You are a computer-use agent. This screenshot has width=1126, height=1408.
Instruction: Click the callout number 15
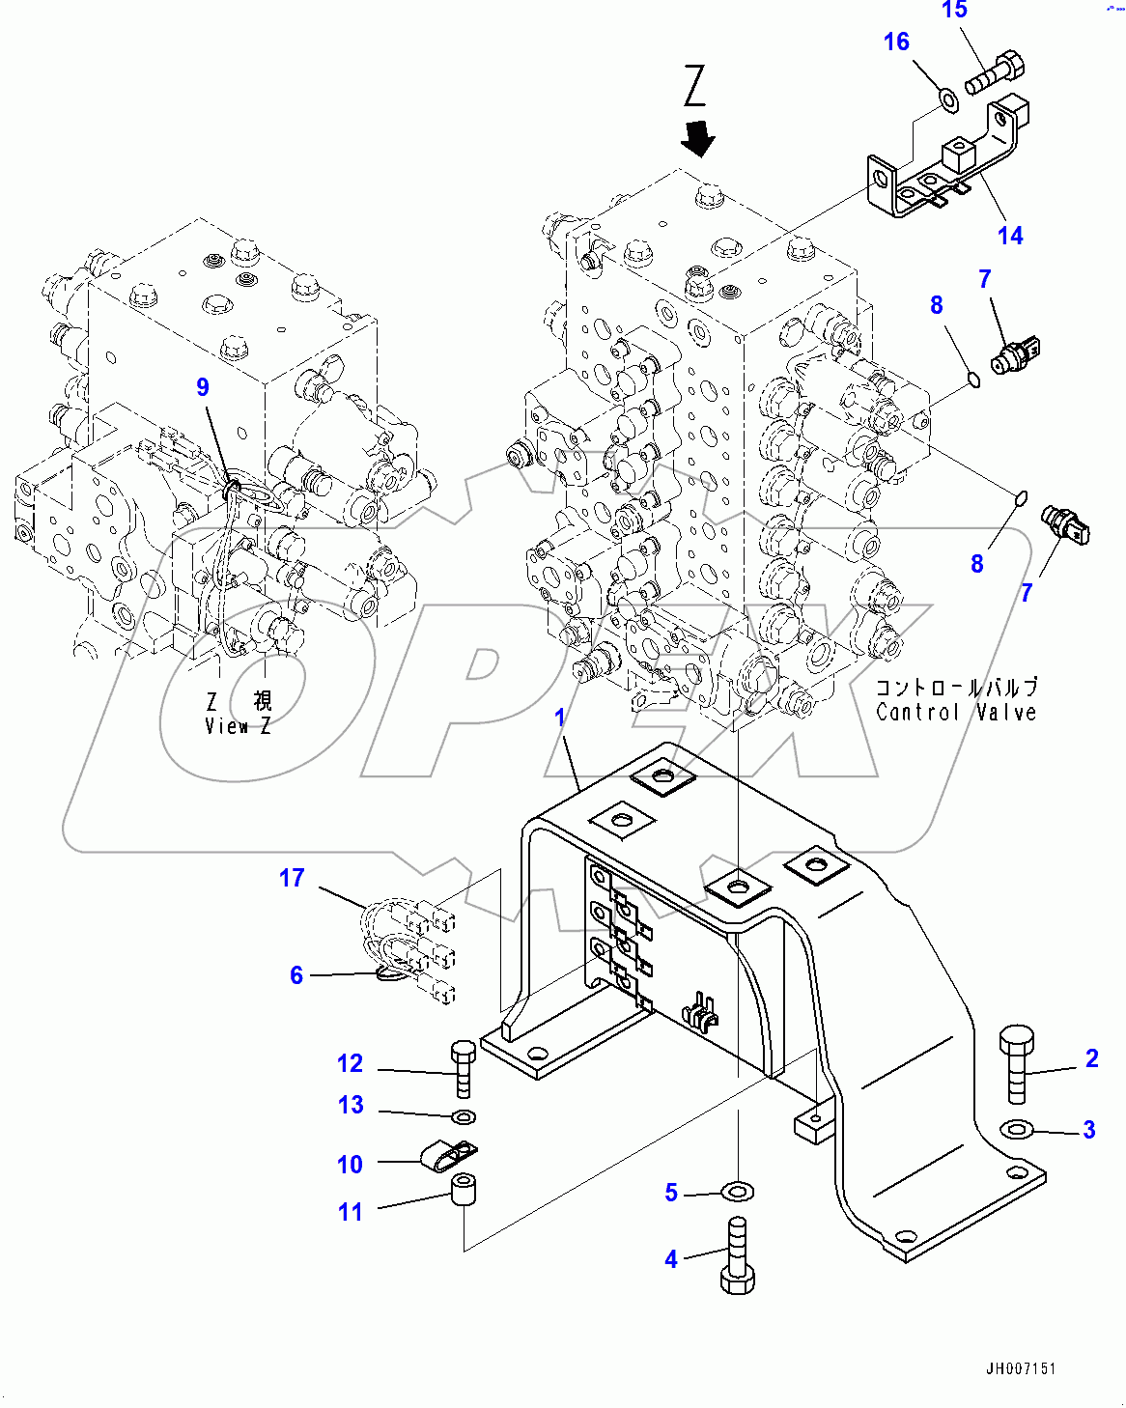(954, 11)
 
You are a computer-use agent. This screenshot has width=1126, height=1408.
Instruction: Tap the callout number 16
(896, 42)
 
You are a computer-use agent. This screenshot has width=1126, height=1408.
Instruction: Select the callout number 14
(1010, 236)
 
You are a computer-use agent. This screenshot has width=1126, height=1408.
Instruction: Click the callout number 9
(203, 387)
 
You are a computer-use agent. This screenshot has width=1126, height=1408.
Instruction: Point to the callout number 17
(292, 878)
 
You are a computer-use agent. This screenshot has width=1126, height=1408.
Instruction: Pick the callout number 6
(296, 975)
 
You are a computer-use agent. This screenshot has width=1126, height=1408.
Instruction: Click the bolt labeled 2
(1017, 1062)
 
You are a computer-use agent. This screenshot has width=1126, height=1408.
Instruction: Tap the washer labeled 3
(1017, 1128)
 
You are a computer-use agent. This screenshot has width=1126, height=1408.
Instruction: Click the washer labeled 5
(737, 1193)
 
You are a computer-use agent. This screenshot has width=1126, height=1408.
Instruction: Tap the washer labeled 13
(464, 1118)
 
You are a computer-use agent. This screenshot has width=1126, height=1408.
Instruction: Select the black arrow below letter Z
(697, 139)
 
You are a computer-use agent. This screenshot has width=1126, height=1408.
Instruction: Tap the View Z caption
(238, 714)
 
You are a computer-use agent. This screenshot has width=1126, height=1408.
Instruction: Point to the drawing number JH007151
(1021, 1368)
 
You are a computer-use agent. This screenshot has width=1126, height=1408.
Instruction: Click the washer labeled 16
(948, 98)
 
